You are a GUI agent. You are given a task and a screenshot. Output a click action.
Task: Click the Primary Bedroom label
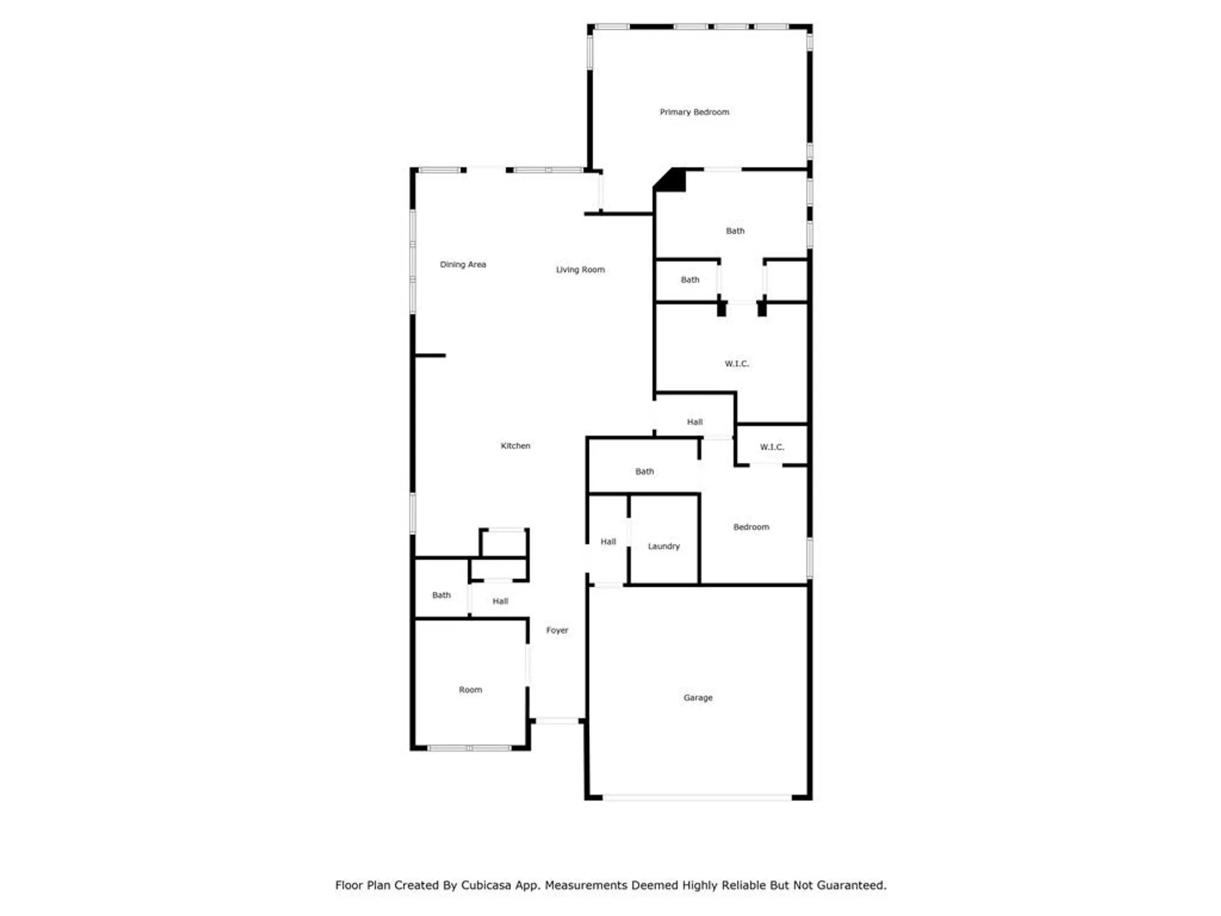click(x=694, y=112)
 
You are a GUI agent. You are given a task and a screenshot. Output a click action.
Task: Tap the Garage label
click(x=698, y=697)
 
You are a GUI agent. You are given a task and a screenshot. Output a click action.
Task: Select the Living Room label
click(x=580, y=269)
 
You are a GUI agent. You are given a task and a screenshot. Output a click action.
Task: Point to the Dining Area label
click(x=463, y=264)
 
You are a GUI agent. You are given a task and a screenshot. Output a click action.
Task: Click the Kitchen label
click(x=515, y=446)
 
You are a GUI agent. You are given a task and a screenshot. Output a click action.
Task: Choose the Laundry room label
click(x=664, y=546)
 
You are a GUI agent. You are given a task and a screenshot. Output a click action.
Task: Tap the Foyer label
click(x=557, y=630)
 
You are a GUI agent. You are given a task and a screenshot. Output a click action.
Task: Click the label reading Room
click(x=470, y=689)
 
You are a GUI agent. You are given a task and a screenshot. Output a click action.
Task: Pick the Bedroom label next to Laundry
click(x=751, y=527)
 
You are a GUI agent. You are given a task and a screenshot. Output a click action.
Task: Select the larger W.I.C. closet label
click(x=737, y=363)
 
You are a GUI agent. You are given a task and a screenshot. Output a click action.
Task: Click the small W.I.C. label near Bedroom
click(x=772, y=447)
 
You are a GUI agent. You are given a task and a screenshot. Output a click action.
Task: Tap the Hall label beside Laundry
click(x=608, y=542)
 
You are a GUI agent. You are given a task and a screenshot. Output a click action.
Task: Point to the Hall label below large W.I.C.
click(x=695, y=422)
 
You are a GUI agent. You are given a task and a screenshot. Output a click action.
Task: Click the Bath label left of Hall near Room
click(x=441, y=595)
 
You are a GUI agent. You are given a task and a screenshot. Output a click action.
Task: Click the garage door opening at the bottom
click(x=697, y=798)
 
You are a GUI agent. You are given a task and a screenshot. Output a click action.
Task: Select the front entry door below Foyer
click(x=557, y=721)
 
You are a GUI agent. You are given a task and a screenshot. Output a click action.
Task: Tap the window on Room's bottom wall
click(x=469, y=748)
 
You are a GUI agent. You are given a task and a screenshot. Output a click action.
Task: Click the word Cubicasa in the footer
click(x=486, y=885)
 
